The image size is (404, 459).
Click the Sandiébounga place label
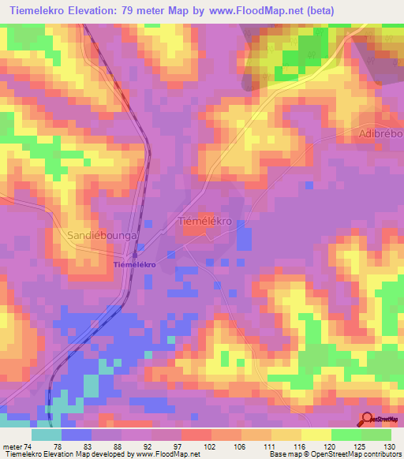coord(104,236)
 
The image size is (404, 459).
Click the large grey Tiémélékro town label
coord(205,222)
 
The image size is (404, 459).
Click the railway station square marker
coord(135,254)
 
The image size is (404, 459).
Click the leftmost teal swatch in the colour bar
coord(47,435)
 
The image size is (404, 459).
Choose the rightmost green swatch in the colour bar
coord(376,435)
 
